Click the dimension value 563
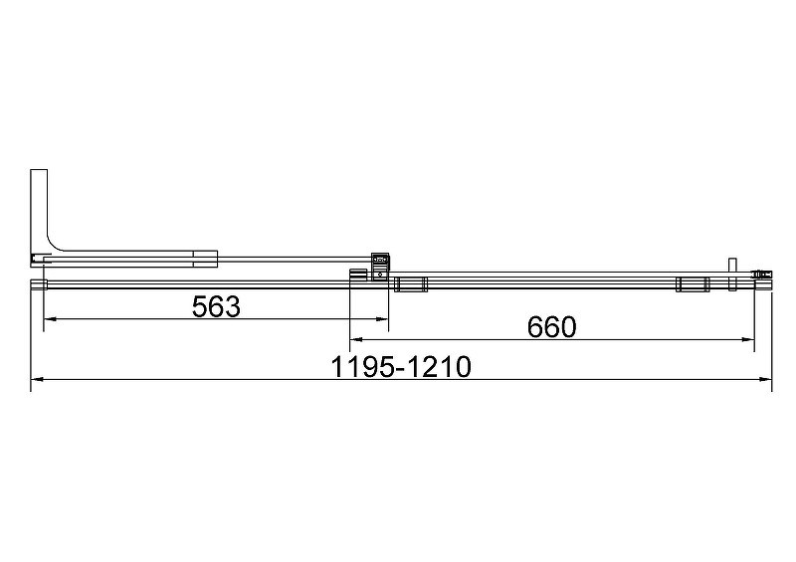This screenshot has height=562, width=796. pyautogui.click(x=216, y=306)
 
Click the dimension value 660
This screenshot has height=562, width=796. pyautogui.click(x=552, y=327)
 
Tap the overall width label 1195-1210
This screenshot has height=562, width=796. pyautogui.click(x=401, y=367)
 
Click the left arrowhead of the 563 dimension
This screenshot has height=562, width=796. pyautogui.click(x=49, y=319)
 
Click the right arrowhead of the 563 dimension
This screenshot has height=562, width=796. pyautogui.click(x=382, y=319)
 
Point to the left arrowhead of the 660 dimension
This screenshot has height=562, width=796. pyautogui.click(x=356, y=339)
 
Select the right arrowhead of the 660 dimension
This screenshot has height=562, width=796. pyautogui.click(x=748, y=339)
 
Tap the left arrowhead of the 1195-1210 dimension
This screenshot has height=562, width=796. pyautogui.click(x=37, y=379)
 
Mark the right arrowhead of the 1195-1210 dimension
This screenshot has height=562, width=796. pyautogui.click(x=765, y=379)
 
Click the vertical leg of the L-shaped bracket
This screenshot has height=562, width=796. pyautogui.click(x=39, y=208)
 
